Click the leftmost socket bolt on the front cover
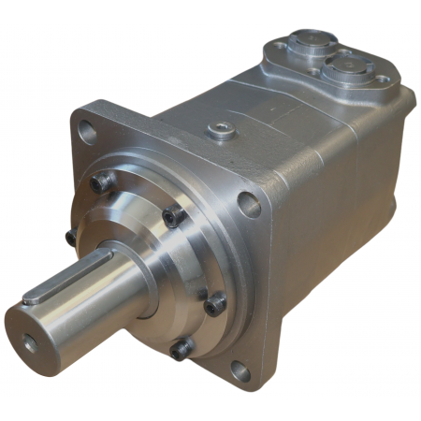click(71, 238)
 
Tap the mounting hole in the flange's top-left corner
click(87, 131)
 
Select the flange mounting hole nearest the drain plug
click(250, 204)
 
